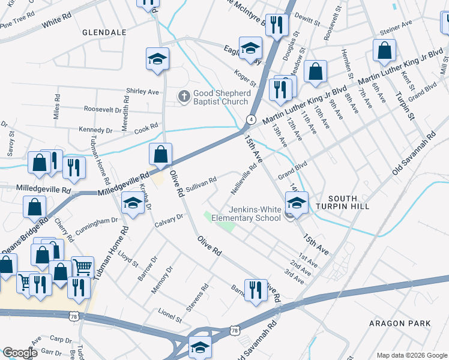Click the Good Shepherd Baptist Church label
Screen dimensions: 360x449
pyautogui.click(x=220, y=97)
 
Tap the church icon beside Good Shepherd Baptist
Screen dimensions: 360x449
pyautogui.click(x=184, y=95)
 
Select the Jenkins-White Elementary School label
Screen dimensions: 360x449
pyautogui.click(x=255, y=214)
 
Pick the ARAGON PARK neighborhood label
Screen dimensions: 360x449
pyautogui.click(x=400, y=323)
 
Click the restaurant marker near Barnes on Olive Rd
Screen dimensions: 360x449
pyautogui.click(x=256, y=290)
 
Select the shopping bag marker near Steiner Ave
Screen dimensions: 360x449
pyautogui.click(x=384, y=51)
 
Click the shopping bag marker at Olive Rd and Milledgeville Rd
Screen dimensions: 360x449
pyautogui.click(x=161, y=154)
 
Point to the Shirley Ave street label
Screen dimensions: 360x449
pyautogui.click(x=142, y=92)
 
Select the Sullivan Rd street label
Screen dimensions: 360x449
pyautogui.click(x=200, y=181)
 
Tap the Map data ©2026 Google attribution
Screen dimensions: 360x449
pyautogui.click(x=411, y=355)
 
